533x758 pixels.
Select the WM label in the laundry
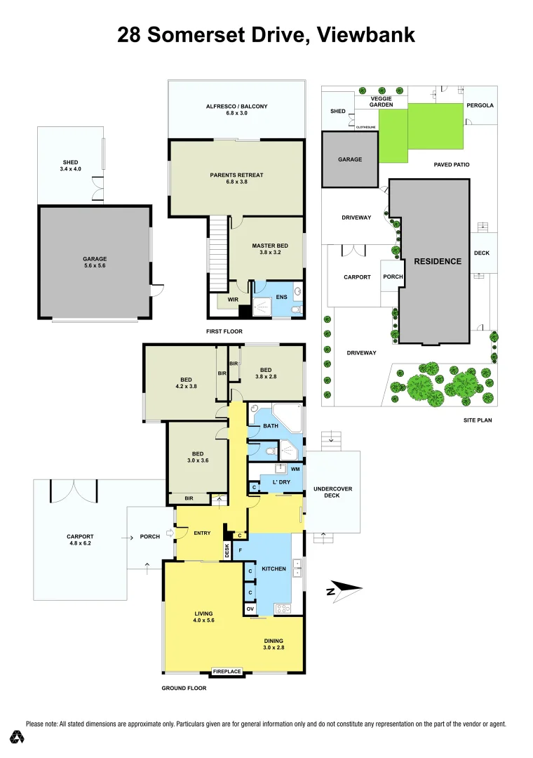(295, 468)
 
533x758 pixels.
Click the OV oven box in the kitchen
(250, 609)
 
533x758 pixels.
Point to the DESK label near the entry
(227, 551)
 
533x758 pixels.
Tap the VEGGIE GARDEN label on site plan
(379, 102)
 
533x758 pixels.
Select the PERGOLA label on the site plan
(480, 105)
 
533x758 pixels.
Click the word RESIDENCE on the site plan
(438, 261)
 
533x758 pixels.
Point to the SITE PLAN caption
(480, 419)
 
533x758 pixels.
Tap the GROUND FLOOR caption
(184, 689)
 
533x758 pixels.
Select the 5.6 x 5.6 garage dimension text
(94, 267)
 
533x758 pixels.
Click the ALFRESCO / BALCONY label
(236, 107)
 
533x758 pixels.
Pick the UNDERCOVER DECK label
(332, 492)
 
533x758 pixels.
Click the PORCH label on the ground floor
(150, 536)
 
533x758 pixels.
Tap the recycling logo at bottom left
(17, 737)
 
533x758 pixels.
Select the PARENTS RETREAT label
(236, 175)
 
